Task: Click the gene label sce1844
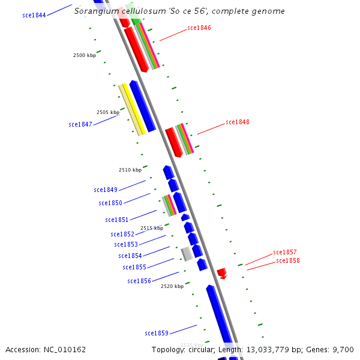34,15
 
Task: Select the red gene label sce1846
199,28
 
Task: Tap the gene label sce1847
80,124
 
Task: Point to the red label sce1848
238,122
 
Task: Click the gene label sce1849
106,190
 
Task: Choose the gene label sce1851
117,220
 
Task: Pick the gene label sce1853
126,244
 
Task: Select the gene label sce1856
139,281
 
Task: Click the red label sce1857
285,252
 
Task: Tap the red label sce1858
288,260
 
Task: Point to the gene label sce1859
157,332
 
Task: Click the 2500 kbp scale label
85,55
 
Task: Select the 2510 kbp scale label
130,170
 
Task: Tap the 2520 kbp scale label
172,286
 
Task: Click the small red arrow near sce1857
221,272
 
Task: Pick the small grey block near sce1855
187,254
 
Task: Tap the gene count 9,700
343,349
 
